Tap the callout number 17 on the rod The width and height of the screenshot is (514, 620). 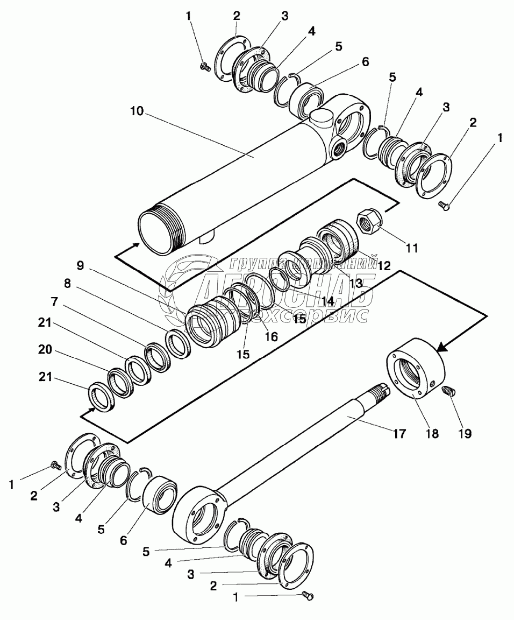[x=398, y=434]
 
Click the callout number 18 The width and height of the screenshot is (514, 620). [x=433, y=434]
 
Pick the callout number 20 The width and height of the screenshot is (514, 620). [x=46, y=350]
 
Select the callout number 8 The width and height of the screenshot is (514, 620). [x=67, y=285]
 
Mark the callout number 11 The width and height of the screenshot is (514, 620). [x=412, y=248]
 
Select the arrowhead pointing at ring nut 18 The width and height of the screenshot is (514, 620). [x=441, y=347]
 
